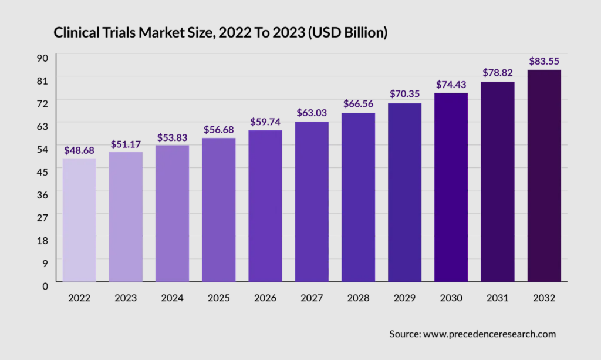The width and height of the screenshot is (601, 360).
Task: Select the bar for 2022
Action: [x=79, y=220]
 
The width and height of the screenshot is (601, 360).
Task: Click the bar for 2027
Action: [x=312, y=202]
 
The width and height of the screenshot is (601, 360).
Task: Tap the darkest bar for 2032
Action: [x=544, y=176]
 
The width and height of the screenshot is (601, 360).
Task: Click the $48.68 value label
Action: [x=79, y=151]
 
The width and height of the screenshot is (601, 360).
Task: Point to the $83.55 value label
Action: [x=544, y=61]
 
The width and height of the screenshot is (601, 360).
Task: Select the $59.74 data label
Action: [x=265, y=122]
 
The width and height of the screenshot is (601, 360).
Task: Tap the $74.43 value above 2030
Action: [x=451, y=85]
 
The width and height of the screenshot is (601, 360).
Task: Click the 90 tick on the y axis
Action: [x=43, y=58]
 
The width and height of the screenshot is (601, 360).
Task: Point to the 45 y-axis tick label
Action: [x=43, y=171]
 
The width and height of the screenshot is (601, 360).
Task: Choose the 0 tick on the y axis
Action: [x=45, y=285]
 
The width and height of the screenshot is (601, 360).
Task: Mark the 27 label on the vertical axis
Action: [x=43, y=217]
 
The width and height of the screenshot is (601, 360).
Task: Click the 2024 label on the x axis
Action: [x=172, y=298]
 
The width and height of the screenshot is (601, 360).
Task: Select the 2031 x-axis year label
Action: [x=498, y=298]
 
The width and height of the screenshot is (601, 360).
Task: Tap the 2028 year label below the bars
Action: [x=358, y=298]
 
